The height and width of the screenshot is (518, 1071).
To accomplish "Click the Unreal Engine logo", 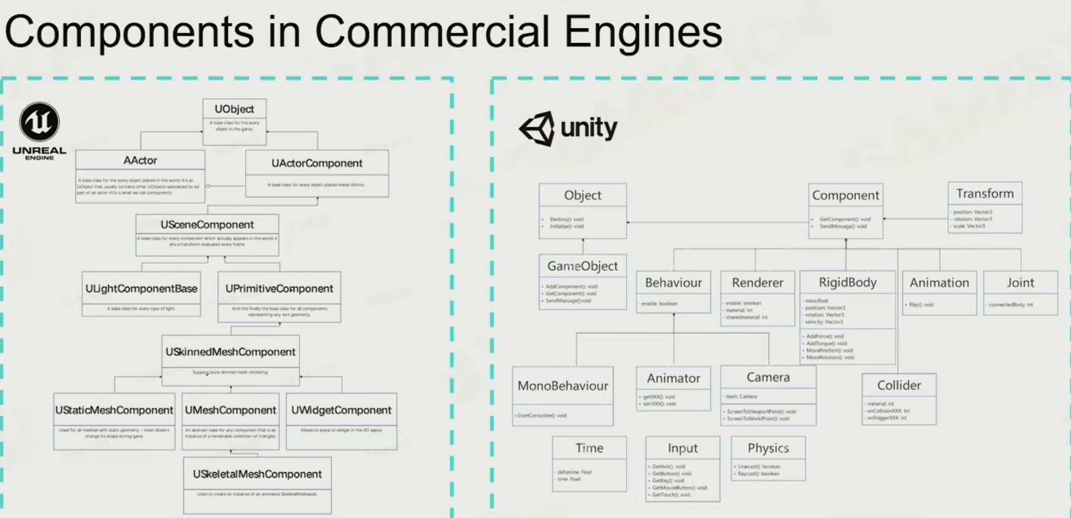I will click(39, 122).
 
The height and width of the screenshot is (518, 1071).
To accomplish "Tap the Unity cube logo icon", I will click(538, 128).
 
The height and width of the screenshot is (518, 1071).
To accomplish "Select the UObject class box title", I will click(234, 109).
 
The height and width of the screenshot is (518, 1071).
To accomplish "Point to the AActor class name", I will click(140, 161).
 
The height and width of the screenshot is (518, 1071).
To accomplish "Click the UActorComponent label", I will click(317, 164).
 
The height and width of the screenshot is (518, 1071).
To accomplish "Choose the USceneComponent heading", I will click(207, 225).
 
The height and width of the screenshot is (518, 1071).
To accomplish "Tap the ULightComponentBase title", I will click(142, 289).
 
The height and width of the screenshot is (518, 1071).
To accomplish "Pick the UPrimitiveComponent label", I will click(279, 289).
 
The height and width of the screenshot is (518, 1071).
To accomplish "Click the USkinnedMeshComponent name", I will click(231, 352).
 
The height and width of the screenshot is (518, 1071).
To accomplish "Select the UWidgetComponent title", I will click(341, 410).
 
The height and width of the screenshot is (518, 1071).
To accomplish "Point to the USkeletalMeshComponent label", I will click(257, 474).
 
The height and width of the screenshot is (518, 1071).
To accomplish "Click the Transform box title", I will click(985, 194).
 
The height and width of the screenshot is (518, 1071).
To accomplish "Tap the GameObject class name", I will click(582, 266).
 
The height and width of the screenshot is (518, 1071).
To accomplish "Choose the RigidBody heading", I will click(847, 283).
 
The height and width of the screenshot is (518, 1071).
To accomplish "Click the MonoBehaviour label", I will click(563, 386).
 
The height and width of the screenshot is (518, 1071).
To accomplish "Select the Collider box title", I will click(899, 385).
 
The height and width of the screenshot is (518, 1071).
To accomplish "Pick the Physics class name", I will click(768, 448).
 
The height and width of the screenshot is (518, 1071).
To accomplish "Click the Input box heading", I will click(682, 448).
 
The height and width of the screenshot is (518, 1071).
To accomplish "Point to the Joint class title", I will click(1020, 283).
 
